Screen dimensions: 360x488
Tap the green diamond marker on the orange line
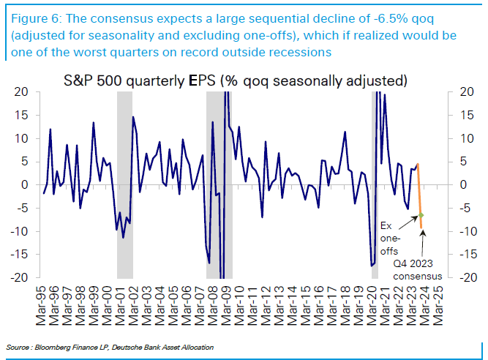click(421, 215)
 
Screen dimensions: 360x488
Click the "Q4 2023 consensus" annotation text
click(418, 270)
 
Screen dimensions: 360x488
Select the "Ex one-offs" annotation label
click(391, 239)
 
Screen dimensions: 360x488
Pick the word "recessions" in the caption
click(296, 52)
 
